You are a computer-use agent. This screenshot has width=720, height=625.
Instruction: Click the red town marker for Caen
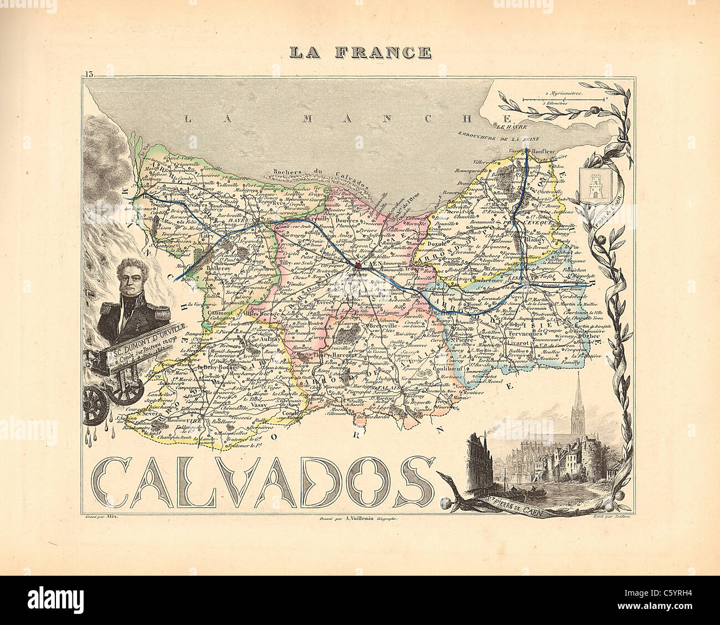point(358,265)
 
